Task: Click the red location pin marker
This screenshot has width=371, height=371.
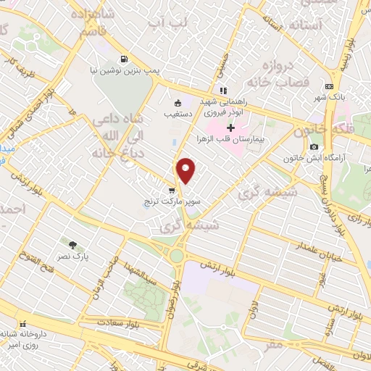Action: [x=186, y=170]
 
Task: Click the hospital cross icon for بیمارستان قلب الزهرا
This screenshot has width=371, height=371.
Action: [x=230, y=128]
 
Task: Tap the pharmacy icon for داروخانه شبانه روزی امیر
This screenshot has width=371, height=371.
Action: [x=22, y=322]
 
